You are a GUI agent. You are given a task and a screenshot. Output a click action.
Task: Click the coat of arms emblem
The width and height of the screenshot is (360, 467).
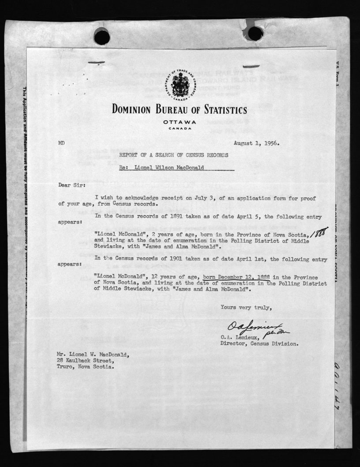[x=180, y=85]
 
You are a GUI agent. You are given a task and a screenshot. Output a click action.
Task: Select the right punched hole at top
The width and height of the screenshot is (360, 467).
[x=255, y=33]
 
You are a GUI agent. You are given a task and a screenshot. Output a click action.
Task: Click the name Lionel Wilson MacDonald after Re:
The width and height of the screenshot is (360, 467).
[x=174, y=168]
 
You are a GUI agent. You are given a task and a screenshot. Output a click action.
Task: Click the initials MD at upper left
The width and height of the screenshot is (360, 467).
[x=61, y=143]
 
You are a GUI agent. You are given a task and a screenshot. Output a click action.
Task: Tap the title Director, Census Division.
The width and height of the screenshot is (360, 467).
[x=259, y=343]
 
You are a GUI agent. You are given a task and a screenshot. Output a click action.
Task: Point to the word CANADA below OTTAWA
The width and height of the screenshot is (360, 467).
[x=180, y=128]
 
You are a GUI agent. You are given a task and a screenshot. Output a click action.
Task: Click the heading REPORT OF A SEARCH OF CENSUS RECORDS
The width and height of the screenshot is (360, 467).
[x=174, y=155]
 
